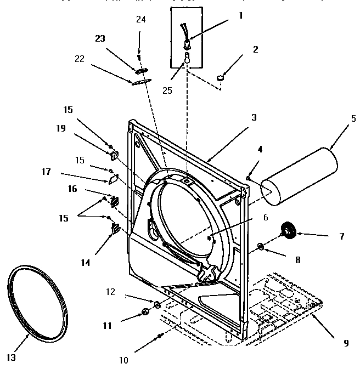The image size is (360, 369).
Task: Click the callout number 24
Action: pos(141,20)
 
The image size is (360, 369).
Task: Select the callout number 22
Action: pos(80,59)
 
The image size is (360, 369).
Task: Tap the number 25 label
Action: pos(167,90)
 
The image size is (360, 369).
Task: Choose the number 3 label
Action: pos(254,117)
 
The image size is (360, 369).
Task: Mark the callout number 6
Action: pos(265,217)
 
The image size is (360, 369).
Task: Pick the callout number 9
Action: pos(346,343)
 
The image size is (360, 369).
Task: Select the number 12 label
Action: pos(111,292)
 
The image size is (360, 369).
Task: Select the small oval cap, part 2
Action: pos(222,78)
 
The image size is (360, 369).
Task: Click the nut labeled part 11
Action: pos(145,312)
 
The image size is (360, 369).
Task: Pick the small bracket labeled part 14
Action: pos(116,229)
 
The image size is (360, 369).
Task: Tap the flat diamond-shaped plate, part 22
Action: pos(139,81)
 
